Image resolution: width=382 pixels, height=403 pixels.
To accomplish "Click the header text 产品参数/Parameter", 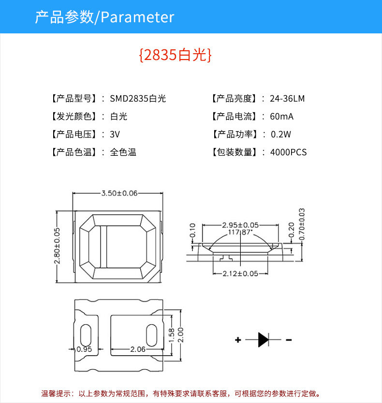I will coord(104,17).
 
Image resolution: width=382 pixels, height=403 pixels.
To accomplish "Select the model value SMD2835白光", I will coord(138,99).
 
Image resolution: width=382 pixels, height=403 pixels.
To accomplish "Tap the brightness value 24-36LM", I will coord(287,99).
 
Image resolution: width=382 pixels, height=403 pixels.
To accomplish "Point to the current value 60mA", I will coord(282,117).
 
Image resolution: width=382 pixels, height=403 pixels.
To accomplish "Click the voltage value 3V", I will coord(115,134).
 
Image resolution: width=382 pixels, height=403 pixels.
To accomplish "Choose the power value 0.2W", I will coord(281,134).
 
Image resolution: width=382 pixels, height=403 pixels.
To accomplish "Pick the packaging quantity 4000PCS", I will coord(288,152).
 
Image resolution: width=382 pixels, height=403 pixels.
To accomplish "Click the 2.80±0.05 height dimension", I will coord(57,246).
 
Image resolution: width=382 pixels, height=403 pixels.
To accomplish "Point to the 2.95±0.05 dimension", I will coord(240,225).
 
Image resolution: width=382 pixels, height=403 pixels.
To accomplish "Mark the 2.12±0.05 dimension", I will coord(240,273).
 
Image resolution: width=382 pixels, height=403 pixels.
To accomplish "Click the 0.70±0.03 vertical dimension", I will coord(302,224).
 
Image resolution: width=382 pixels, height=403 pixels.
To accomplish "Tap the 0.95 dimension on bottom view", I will coord(84,349).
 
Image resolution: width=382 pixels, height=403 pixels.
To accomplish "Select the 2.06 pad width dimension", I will coord(138,349).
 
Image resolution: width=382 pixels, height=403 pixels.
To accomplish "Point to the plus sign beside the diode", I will coord(238,340).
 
